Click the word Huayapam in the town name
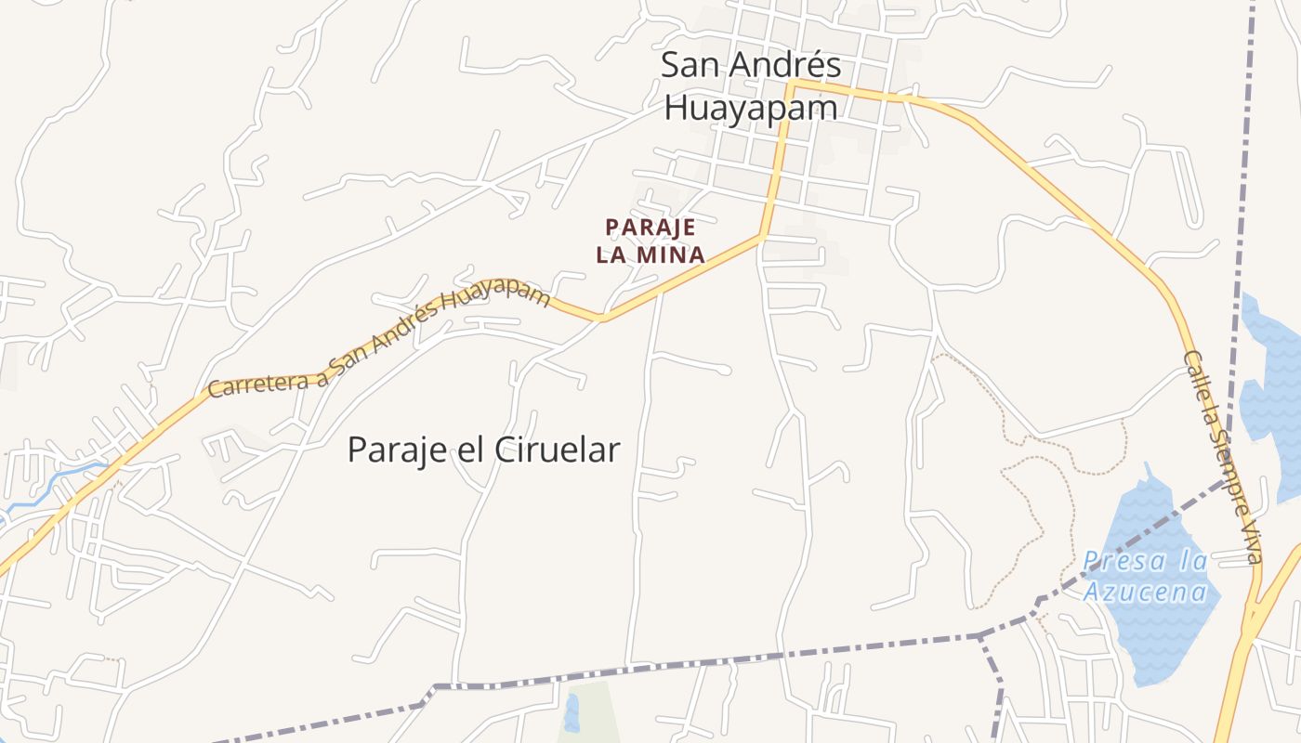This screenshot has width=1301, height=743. pyautogui.click(x=751, y=109)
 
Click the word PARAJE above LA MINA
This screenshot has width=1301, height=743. pyautogui.click(x=650, y=228)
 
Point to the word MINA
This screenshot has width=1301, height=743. pyautogui.click(x=671, y=254)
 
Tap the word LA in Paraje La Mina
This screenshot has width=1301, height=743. pyautogui.click(x=612, y=254)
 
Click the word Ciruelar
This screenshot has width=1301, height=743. pyautogui.click(x=557, y=450)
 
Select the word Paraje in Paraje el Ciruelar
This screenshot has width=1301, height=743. pyautogui.click(x=393, y=450)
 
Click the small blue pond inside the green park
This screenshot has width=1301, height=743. pyautogui.click(x=571, y=712)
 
